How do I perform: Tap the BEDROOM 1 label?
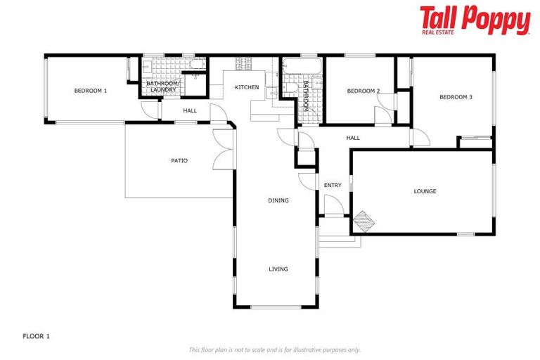click(x=91, y=91)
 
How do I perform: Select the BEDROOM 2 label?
click(x=364, y=91)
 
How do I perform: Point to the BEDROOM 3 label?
click(x=456, y=97)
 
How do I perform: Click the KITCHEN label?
click(x=247, y=87)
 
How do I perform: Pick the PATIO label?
click(x=179, y=160)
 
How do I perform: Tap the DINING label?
click(x=278, y=200)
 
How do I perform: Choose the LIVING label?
click(x=278, y=269)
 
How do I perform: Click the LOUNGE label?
click(x=425, y=191)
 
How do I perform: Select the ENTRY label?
click(x=333, y=186)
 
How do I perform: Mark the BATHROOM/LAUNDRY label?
click(x=163, y=86)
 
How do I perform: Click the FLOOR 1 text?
click(x=37, y=336)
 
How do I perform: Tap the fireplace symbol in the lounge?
click(x=364, y=221)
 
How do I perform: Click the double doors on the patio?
click(x=223, y=148)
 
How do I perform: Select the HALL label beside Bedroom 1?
click(x=190, y=110)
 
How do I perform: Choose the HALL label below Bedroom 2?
click(x=353, y=138)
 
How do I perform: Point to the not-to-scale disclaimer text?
click(x=274, y=349)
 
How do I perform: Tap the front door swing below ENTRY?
click(x=333, y=205)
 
